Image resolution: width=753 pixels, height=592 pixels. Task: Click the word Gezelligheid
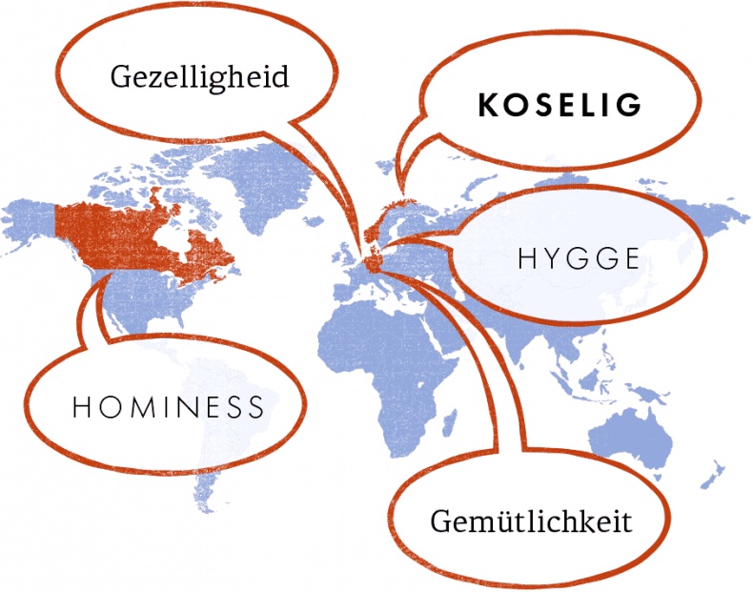click(198, 77)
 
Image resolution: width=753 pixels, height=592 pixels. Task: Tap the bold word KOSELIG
click(560, 106)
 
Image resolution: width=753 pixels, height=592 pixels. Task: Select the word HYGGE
click(578, 258)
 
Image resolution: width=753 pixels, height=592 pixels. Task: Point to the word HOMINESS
click(168, 408)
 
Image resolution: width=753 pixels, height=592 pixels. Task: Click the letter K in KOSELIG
click(487, 106)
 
